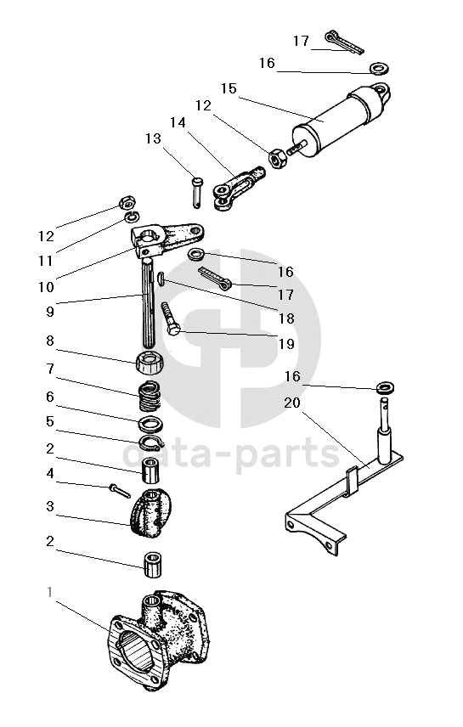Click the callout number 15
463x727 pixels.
click(x=229, y=88)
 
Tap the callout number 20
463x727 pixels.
click(x=292, y=403)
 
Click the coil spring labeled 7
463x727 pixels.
click(x=150, y=395)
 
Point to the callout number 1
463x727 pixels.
click(x=49, y=592)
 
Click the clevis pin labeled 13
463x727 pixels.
click(x=198, y=192)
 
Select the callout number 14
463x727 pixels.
click(x=178, y=122)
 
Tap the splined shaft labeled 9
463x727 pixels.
click(x=150, y=304)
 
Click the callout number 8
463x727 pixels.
click(x=50, y=341)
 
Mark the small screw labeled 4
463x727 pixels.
click(x=120, y=491)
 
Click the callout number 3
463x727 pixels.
click(x=50, y=506)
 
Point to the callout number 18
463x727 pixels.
click(x=286, y=318)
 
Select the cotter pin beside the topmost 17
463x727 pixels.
click(x=344, y=42)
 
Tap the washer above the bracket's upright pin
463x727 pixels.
click(x=385, y=386)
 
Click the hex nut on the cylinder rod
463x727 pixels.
click(x=278, y=159)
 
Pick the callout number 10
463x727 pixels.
click(x=46, y=287)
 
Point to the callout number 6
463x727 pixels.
click(x=50, y=397)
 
